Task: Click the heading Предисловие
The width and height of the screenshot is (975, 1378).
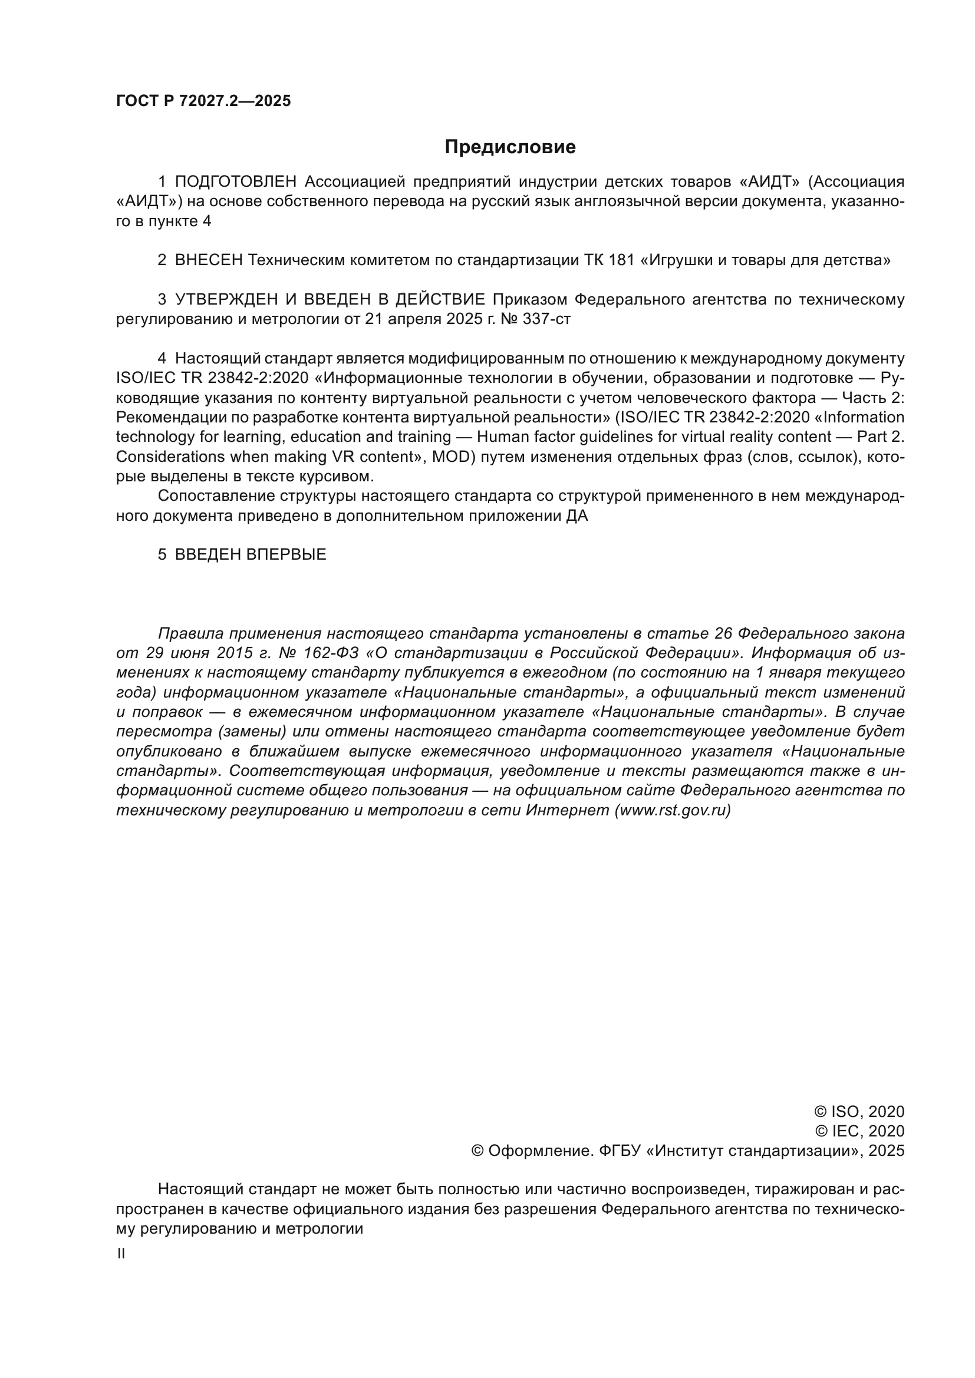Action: [x=510, y=147]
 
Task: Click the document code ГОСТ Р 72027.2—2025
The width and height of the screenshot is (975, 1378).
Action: [x=203, y=101]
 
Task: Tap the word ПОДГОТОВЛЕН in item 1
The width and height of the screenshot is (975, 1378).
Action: [x=236, y=181]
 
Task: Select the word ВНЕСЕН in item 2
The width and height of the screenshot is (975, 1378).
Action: [x=209, y=260]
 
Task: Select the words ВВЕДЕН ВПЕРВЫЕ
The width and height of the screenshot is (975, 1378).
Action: [x=251, y=554]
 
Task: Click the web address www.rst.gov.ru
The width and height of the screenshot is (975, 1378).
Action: [x=673, y=810]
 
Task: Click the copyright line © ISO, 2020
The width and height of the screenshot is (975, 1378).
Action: [x=858, y=1112]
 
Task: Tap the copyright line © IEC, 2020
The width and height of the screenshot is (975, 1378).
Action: [x=859, y=1131]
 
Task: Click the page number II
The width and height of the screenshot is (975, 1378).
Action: [x=121, y=1254]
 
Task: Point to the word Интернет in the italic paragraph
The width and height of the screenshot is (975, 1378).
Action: [x=567, y=810]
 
